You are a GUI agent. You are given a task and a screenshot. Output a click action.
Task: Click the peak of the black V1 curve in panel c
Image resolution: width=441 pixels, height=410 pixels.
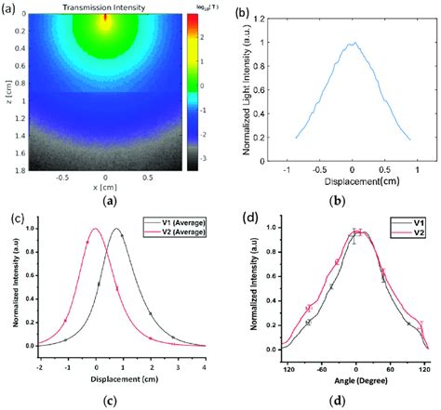click(x=116, y=229)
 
